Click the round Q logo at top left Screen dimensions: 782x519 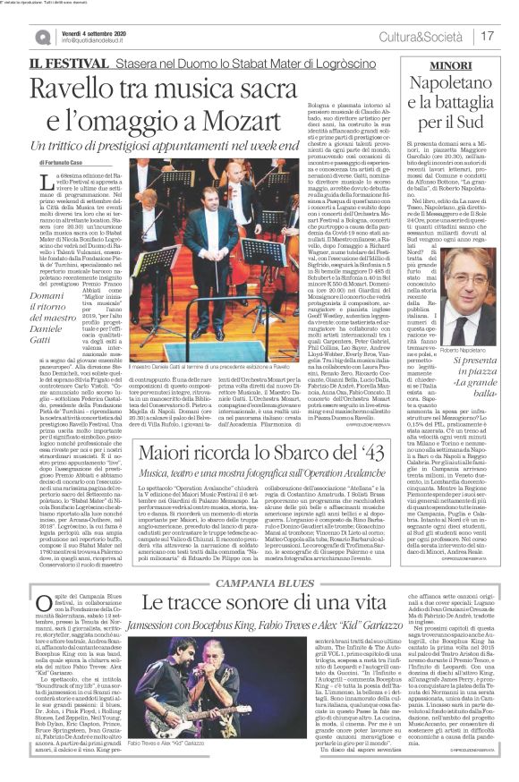(x=41, y=35)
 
